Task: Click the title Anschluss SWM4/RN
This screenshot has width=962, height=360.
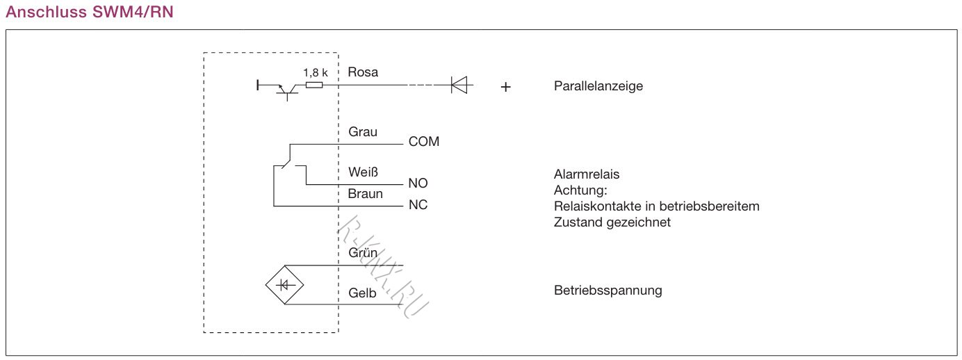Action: pyautogui.click(x=90, y=12)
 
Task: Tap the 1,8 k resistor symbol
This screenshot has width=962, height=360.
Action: pyautogui.click(x=313, y=85)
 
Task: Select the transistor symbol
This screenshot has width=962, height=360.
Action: pyautogui.click(x=286, y=90)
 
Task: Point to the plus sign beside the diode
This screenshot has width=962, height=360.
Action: pyautogui.click(x=506, y=88)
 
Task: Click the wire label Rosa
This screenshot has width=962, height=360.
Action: pyautogui.click(x=363, y=72)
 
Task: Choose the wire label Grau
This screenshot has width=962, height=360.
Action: pyautogui.click(x=363, y=131)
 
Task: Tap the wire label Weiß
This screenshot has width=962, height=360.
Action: pyautogui.click(x=363, y=172)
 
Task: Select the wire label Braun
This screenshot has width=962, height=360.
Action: pyautogui.click(x=366, y=194)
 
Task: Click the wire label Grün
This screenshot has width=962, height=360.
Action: pyautogui.click(x=363, y=253)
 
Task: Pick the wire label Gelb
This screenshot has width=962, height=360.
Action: pyautogui.click(x=362, y=293)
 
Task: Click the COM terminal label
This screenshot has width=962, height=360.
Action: pyautogui.click(x=424, y=142)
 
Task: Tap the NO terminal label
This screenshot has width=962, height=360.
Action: pyautogui.click(x=418, y=183)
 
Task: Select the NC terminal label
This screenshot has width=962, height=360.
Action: pyautogui.click(x=418, y=206)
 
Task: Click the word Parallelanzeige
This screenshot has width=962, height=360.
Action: pyautogui.click(x=598, y=87)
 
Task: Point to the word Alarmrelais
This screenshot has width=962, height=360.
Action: pyautogui.click(x=587, y=174)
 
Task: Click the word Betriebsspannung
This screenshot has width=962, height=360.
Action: pyautogui.click(x=608, y=291)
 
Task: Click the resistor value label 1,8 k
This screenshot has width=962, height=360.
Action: pyautogui.click(x=315, y=72)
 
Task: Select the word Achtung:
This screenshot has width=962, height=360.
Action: pyautogui.click(x=581, y=190)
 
